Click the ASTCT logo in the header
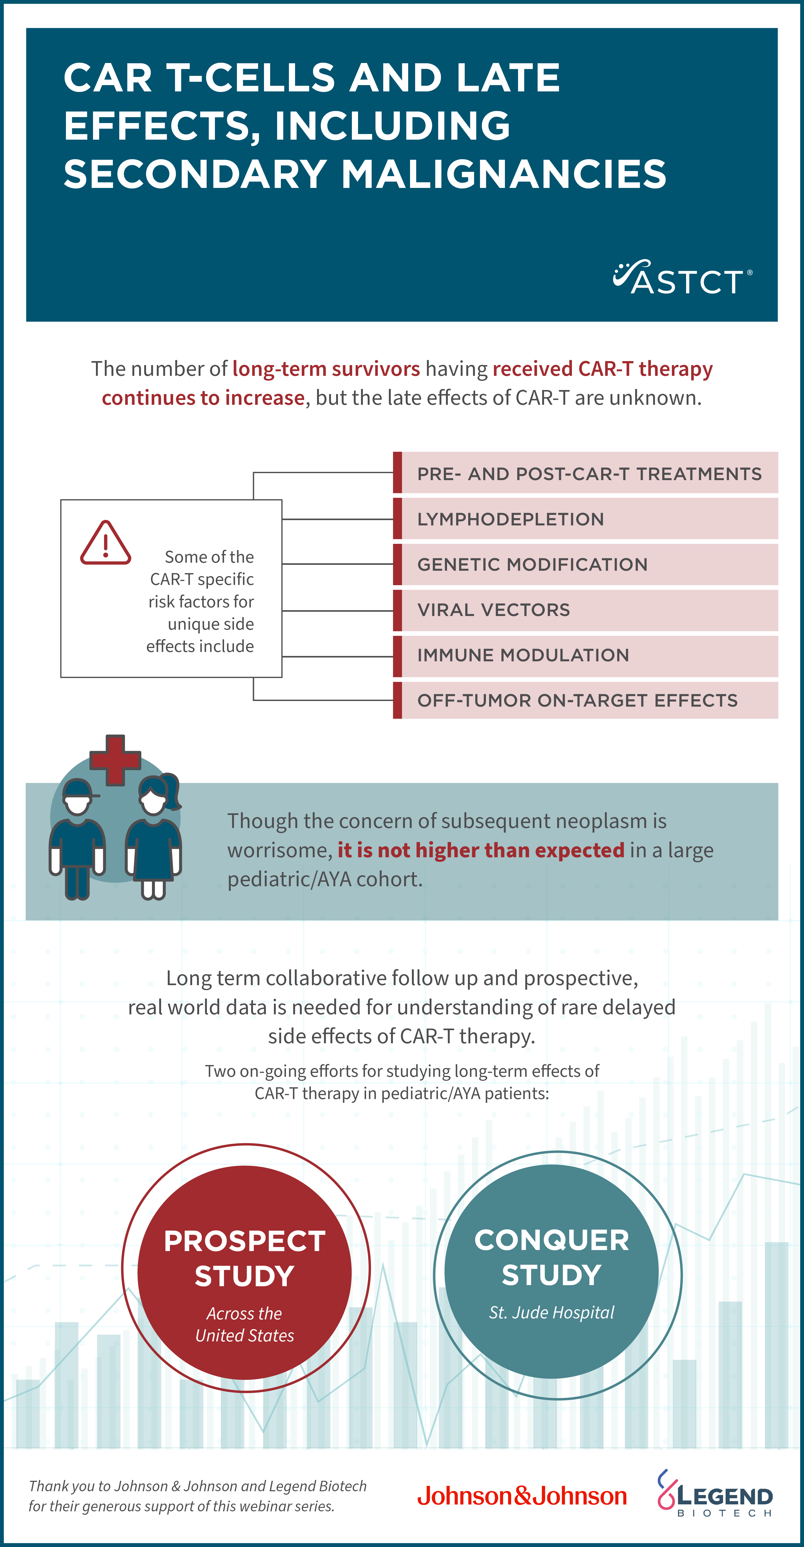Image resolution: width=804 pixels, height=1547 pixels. tap(683, 277)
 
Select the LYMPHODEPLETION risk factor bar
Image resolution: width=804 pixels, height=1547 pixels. tap(585, 519)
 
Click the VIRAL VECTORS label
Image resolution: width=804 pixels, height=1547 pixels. tap(494, 610)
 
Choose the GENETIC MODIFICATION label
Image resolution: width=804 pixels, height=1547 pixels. tap(533, 565)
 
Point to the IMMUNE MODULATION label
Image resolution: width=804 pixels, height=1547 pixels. tap(523, 655)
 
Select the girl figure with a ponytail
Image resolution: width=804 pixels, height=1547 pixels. tap(154, 837)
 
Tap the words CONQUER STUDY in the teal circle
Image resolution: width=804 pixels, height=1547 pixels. tap(552, 1257)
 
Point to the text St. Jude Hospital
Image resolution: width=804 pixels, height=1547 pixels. tap(552, 1313)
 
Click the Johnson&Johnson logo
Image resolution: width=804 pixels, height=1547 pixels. tap(522, 1496)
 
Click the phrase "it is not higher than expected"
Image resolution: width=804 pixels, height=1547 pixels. tap(481, 850)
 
